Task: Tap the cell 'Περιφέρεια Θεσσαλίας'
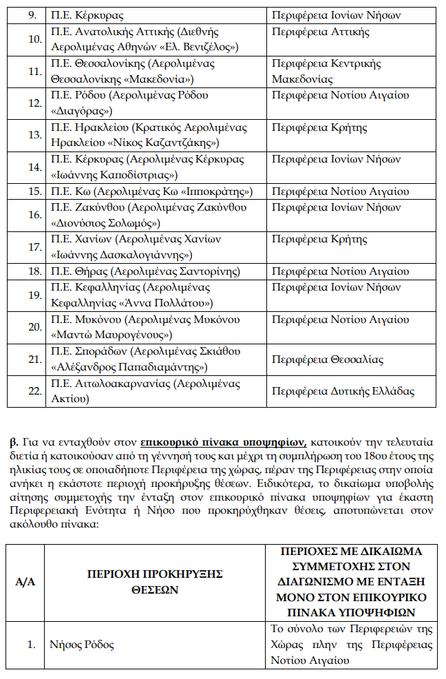point(327,359)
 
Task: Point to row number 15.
point(34,191)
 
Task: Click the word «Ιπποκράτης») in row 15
point(220,191)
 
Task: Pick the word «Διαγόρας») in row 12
point(83,110)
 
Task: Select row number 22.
point(34,391)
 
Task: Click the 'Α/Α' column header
point(25,582)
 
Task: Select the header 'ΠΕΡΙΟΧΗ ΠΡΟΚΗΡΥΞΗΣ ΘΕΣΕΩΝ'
point(155,581)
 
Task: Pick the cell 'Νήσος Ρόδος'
point(82,645)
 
